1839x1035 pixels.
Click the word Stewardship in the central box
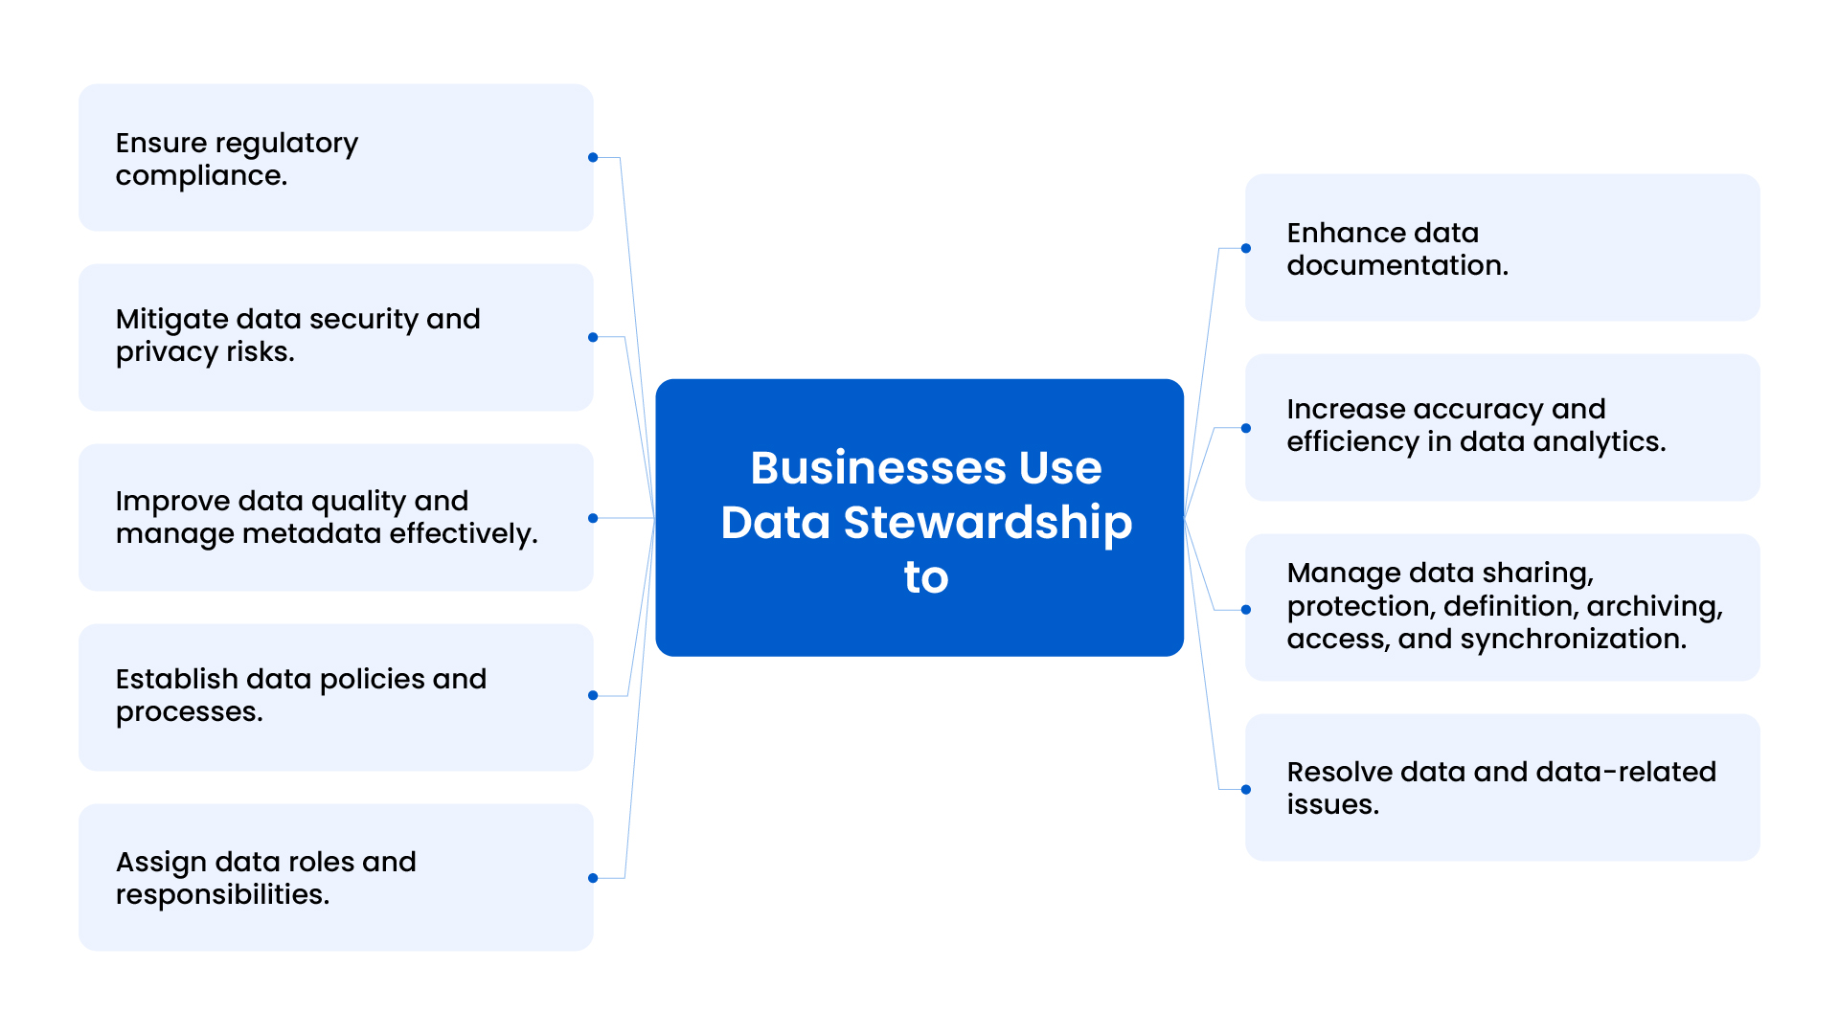(x=987, y=523)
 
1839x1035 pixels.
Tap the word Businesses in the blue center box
(x=877, y=468)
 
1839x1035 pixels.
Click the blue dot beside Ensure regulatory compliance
(x=593, y=158)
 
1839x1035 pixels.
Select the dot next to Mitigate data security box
(x=593, y=337)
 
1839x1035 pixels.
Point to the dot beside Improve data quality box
(x=593, y=518)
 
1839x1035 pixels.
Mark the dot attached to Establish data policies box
(x=593, y=696)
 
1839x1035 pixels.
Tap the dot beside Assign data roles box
(x=593, y=878)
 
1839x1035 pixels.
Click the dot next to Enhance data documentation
(x=1246, y=249)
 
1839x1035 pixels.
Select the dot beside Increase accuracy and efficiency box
(x=1246, y=428)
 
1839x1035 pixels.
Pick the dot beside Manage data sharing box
(x=1246, y=610)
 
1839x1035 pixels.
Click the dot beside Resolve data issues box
(x=1246, y=790)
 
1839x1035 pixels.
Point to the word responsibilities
(x=222, y=894)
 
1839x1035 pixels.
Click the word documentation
(x=1396, y=265)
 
